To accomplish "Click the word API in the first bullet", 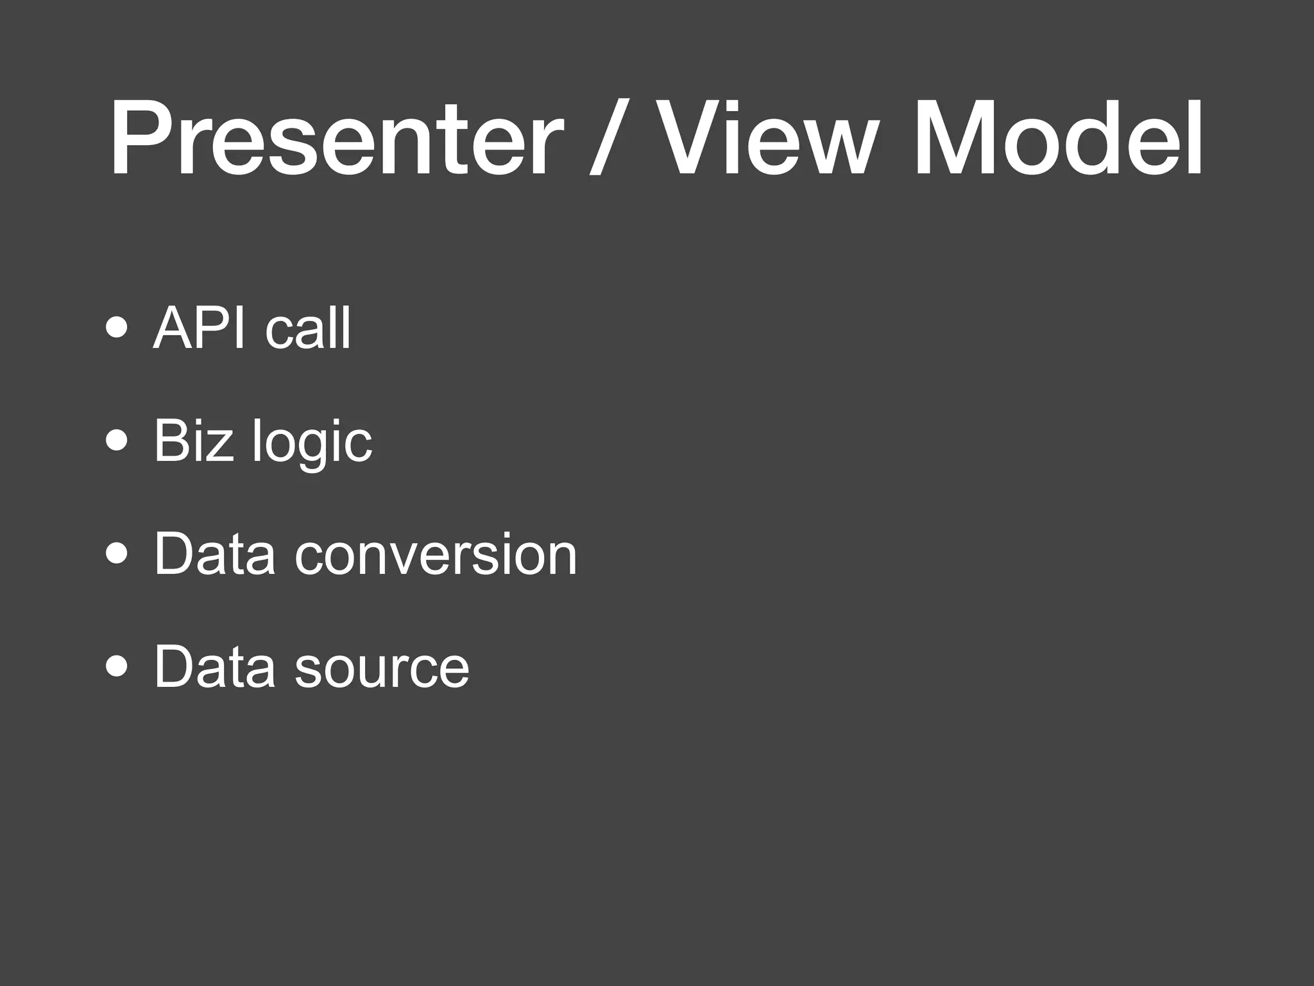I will (199, 328).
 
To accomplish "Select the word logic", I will (312, 443).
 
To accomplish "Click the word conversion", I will (436, 554).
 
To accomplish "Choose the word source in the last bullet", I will (382, 668).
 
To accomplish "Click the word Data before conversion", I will (215, 554).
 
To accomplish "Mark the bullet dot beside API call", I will (117, 328).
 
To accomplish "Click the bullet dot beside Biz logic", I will (117, 441).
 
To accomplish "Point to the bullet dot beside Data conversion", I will (117, 553).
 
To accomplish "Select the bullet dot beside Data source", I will (117, 666).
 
